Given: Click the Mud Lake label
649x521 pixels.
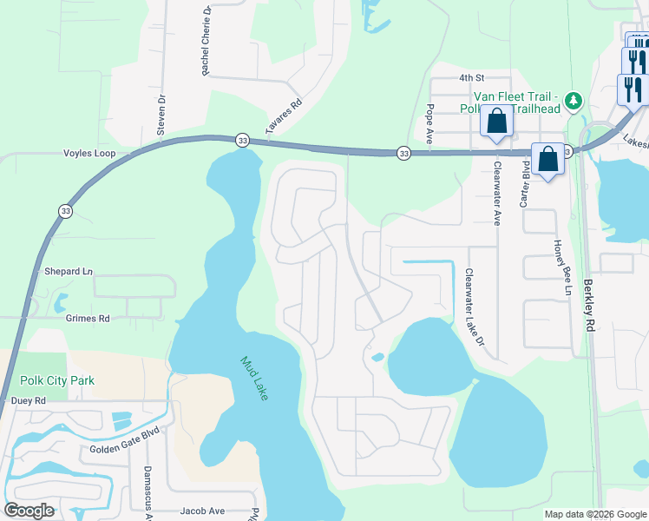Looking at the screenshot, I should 255,378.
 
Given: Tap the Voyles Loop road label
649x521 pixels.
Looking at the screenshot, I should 89,153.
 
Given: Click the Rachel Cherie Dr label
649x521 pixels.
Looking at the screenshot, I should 206,41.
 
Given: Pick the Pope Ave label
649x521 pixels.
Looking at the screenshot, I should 429,122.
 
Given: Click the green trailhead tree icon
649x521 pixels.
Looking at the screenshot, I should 573,102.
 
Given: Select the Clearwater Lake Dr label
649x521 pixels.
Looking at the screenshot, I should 473,307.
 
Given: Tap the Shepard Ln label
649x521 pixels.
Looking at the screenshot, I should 68,271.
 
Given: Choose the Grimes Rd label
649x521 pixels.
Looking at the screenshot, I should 87,319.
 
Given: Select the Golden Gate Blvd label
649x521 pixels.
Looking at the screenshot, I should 126,451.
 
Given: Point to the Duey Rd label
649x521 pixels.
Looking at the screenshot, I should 28,400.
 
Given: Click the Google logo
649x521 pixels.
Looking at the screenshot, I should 29,511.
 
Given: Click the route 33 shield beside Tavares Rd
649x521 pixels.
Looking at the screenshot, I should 243,140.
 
